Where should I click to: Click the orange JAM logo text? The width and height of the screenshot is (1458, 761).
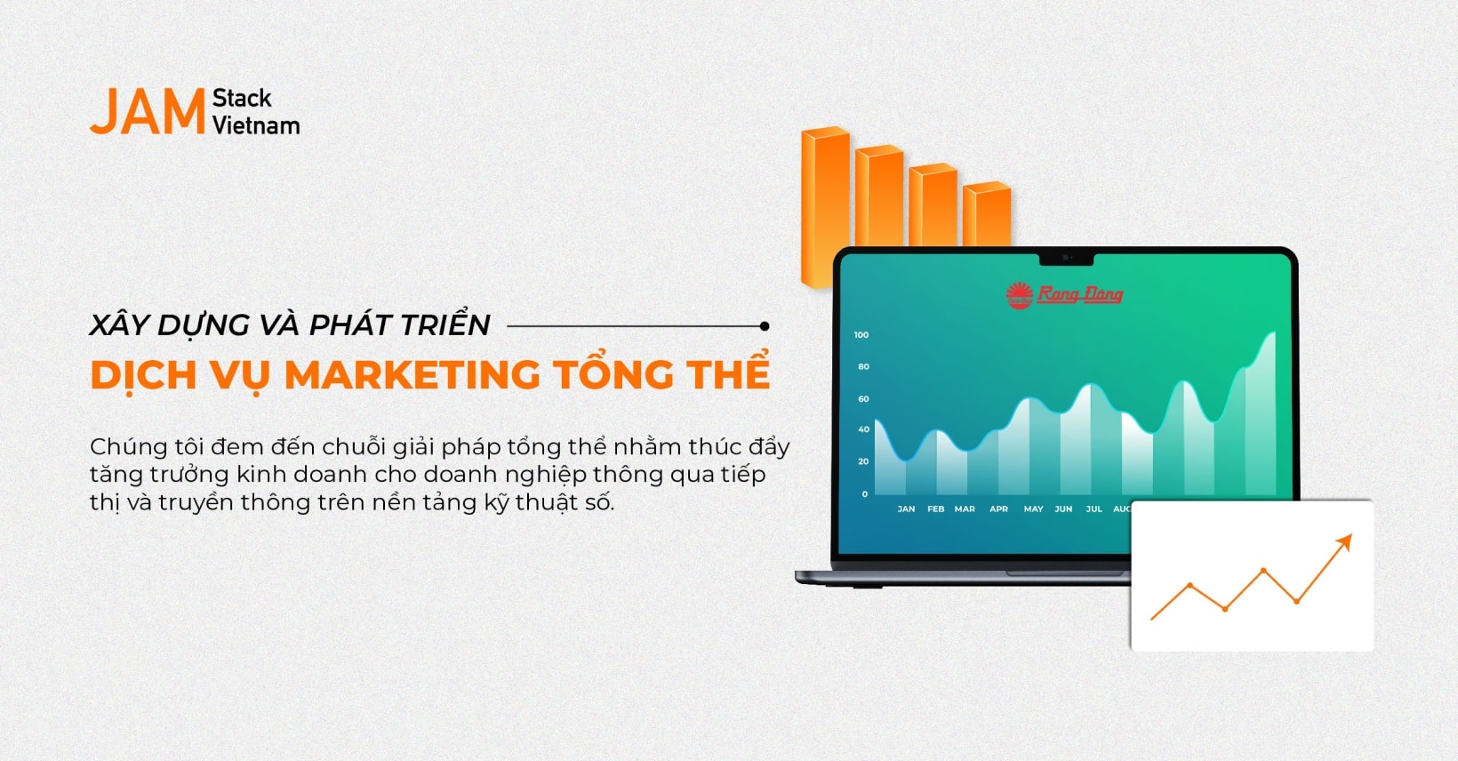pos(148,112)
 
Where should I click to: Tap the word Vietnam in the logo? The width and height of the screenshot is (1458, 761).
pos(256,126)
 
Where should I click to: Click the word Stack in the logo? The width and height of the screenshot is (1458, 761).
pos(242,98)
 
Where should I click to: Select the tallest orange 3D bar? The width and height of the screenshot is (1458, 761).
pos(824,204)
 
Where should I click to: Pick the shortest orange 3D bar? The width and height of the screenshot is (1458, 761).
pos(987,213)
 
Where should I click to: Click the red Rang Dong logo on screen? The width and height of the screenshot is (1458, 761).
pos(1065,294)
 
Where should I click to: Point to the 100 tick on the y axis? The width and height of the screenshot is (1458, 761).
pos(861,335)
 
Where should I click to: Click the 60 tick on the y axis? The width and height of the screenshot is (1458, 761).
pos(863,399)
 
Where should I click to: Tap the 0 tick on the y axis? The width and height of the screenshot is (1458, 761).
pos(865,494)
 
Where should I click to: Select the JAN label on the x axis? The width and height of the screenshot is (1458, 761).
pos(906,509)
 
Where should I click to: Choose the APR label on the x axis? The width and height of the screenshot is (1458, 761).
pos(998,509)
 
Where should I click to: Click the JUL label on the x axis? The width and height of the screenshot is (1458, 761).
pos(1093,509)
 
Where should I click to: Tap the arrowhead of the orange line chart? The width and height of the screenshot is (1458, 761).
pos(1345,541)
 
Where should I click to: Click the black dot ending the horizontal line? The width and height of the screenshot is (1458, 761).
pos(765,326)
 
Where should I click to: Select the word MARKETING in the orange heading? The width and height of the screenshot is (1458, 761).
pos(413,375)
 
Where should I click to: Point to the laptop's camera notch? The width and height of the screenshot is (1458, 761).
pos(1066,258)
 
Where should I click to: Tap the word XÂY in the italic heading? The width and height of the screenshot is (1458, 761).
pos(119,324)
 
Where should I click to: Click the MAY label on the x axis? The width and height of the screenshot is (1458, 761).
pos(1033,509)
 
